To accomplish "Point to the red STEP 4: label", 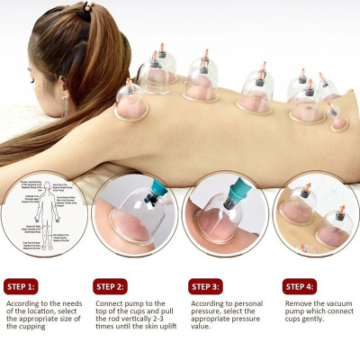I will click(x=301, y=287).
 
